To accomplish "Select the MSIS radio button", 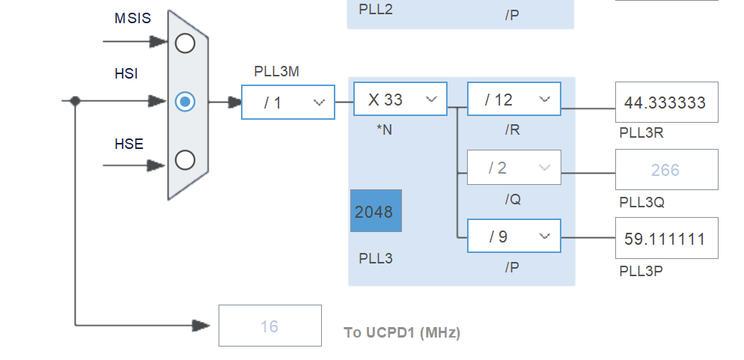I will tap(185, 43).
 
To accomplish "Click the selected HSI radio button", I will tap(185, 101).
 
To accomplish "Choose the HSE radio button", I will tap(185, 159).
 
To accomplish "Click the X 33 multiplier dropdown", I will tap(400, 100).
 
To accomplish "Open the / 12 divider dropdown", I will tap(513, 100).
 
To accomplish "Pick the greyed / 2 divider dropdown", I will tap(513, 168).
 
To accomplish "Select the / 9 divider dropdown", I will tap(513, 237).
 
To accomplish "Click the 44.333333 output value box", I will tap(666, 103).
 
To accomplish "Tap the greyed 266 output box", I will tap(666, 170).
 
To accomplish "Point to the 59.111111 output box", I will tap(666, 239).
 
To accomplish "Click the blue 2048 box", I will tap(376, 211).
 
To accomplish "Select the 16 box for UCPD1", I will tap(269, 326).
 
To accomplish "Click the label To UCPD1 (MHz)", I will tap(402, 332).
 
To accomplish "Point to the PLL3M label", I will tap(277, 72).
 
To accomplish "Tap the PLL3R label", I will tap(641, 133).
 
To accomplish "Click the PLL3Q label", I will tap(641, 202).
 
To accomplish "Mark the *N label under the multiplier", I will tap(384, 129).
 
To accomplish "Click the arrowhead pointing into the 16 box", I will tap(201, 326).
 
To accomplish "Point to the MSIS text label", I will tap(132, 19).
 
